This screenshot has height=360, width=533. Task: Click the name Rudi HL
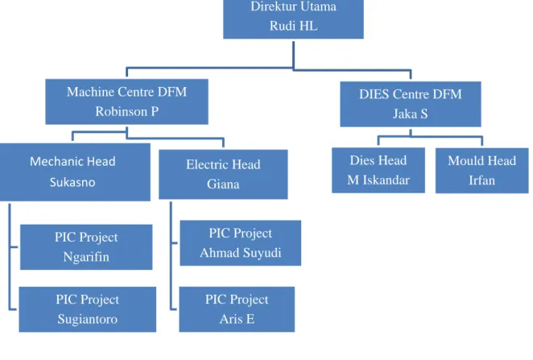click(x=293, y=26)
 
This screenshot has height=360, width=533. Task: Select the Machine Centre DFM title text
click(x=126, y=92)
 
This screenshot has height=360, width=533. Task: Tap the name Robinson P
click(x=126, y=111)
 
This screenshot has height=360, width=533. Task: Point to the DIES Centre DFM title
click(x=411, y=94)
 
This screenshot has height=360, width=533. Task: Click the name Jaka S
click(x=411, y=114)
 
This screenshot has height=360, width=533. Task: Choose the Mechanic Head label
click(x=72, y=161)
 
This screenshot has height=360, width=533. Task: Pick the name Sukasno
click(x=72, y=182)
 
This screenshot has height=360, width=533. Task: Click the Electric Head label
click(x=223, y=164)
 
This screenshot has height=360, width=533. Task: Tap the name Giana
click(x=223, y=184)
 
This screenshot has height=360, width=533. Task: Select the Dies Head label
click(x=378, y=160)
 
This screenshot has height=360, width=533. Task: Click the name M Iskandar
click(x=378, y=180)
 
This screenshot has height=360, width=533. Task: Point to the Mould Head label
click(x=481, y=161)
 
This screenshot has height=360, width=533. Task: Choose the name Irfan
click(x=481, y=180)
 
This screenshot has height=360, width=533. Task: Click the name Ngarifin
click(x=86, y=257)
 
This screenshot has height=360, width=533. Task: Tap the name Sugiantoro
click(x=88, y=319)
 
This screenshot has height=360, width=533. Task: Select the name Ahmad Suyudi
click(x=240, y=253)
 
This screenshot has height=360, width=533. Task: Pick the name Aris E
click(x=237, y=319)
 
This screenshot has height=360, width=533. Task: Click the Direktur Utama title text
click(x=293, y=6)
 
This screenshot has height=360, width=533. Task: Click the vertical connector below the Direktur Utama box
click(x=293, y=56)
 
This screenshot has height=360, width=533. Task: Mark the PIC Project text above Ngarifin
click(x=86, y=238)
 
